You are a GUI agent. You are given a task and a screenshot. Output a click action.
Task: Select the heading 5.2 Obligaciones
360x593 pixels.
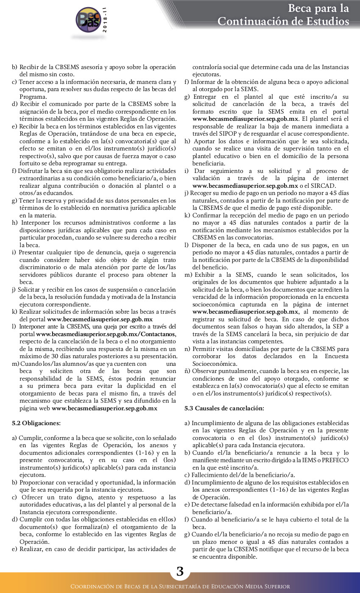(x=36, y=423)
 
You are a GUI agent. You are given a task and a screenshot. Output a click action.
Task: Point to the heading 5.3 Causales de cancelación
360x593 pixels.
(x=224, y=408)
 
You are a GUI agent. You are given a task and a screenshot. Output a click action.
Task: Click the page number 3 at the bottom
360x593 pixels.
(x=180, y=571)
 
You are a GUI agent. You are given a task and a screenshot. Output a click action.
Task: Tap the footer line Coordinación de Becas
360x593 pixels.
(x=180, y=587)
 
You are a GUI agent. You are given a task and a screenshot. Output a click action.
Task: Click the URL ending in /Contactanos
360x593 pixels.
(x=106, y=334)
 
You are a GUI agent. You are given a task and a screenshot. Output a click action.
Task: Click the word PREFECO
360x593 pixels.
(x=335, y=460)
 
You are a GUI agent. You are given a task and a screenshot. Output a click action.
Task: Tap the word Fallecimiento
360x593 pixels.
(x=211, y=475)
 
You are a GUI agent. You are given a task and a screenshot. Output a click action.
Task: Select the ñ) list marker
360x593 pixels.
(x=187, y=371)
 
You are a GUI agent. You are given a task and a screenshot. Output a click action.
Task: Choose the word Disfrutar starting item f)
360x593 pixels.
(x=32, y=171)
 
